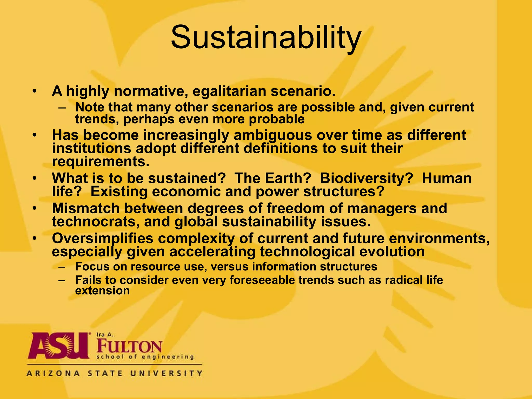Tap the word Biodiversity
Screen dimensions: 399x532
pos(366,178)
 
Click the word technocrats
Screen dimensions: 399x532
pos(96,222)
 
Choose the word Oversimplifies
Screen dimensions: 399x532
pos(103,238)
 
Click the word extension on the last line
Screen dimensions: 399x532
pos(102,291)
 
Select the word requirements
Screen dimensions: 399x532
pos(101,162)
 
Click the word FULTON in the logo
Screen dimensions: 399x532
pos(129,346)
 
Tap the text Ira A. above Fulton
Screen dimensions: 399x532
pos(105,335)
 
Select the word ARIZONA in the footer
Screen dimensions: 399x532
pos(53,374)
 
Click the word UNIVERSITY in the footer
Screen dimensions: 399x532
pos(166,374)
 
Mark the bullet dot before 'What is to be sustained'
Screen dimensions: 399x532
pos(35,179)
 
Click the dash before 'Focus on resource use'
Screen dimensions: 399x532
pos(62,267)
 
